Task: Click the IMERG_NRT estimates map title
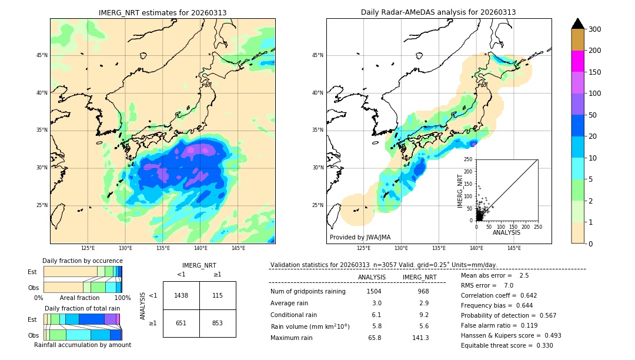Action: click(x=162, y=12)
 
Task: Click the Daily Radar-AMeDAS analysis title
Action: click(x=438, y=12)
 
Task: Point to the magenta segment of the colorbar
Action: click(x=577, y=61)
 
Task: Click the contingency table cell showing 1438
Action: click(x=181, y=295)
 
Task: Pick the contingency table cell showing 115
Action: click(x=218, y=295)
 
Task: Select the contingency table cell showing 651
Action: click(x=181, y=323)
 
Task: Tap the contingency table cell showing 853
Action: click(x=218, y=323)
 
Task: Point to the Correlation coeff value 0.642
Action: click(x=524, y=295)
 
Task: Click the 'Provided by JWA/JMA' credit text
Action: click(x=360, y=237)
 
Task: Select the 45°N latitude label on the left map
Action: click(x=42, y=55)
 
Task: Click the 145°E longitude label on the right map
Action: click(x=514, y=248)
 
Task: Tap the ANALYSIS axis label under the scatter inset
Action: click(x=506, y=232)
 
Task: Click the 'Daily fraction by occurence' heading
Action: click(x=82, y=261)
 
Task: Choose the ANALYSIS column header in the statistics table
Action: click(x=372, y=277)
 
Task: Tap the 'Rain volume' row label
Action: click(x=310, y=326)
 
